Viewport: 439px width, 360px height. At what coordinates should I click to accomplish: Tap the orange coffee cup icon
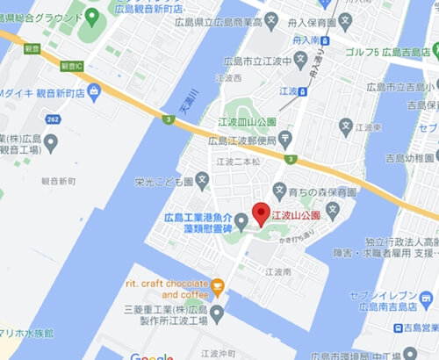(218, 284)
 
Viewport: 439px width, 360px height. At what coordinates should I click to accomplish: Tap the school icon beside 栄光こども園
(203, 183)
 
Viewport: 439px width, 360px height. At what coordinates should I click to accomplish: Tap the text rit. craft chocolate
(166, 284)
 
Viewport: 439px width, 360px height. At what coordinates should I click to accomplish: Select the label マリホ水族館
(26, 334)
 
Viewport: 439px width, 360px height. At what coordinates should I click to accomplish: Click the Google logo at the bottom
(151, 355)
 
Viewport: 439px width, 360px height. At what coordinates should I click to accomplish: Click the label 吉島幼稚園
(411, 160)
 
